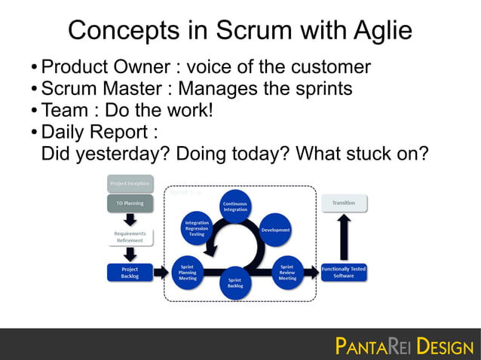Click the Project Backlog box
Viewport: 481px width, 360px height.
point(130,272)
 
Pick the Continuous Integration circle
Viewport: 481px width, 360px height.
point(235,206)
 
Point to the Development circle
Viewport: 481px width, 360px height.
point(275,230)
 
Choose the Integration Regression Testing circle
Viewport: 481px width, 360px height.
point(196,229)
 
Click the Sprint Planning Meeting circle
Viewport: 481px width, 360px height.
point(188,272)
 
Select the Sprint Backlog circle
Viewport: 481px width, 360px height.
point(235,285)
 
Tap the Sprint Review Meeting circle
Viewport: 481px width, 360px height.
point(287,272)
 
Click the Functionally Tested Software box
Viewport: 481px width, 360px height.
point(343,272)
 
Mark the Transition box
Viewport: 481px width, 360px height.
point(343,203)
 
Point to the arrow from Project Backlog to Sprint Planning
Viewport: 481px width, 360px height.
point(161,272)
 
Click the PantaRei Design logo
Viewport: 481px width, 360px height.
point(403,346)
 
